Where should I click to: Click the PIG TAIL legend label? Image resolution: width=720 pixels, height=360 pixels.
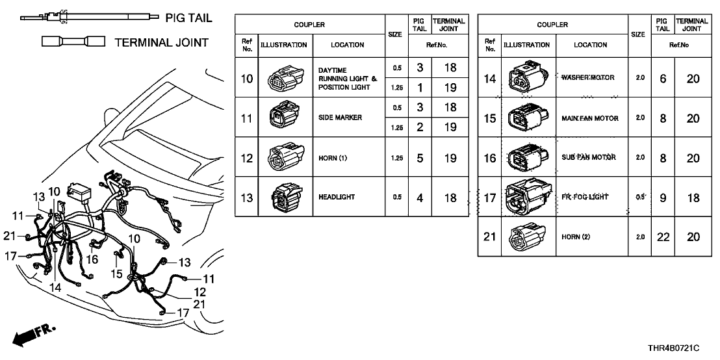tap(189, 18)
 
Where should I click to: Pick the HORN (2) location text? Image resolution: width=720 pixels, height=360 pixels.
tap(575, 237)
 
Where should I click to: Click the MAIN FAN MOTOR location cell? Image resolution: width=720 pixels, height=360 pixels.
tap(589, 118)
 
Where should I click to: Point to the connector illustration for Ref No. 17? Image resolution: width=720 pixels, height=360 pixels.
tap(529, 197)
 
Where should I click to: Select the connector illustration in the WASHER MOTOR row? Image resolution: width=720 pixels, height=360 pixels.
tap(529, 78)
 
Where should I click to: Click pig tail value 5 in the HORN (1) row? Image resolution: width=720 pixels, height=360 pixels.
tap(420, 158)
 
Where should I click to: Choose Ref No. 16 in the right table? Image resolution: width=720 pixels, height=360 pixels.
tap(490, 158)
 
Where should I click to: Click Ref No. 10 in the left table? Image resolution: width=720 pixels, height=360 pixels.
tap(246, 78)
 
